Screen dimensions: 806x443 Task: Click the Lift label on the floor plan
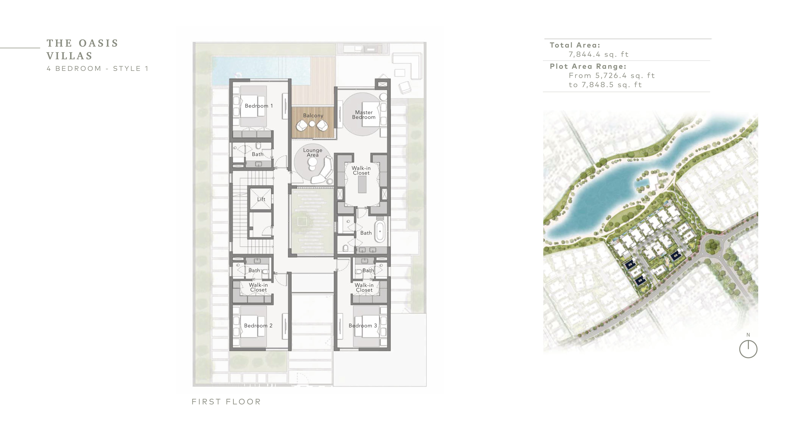261,199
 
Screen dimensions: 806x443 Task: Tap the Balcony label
313,115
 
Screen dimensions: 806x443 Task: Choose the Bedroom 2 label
258,325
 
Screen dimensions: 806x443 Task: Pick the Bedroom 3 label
363,325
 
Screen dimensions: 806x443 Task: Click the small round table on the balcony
312,124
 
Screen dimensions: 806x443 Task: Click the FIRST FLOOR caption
226,402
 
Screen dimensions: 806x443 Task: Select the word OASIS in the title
98,43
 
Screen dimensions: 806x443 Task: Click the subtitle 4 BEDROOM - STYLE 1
97,68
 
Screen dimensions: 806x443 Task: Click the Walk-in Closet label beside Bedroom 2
258,287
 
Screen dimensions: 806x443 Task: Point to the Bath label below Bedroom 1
257,154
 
